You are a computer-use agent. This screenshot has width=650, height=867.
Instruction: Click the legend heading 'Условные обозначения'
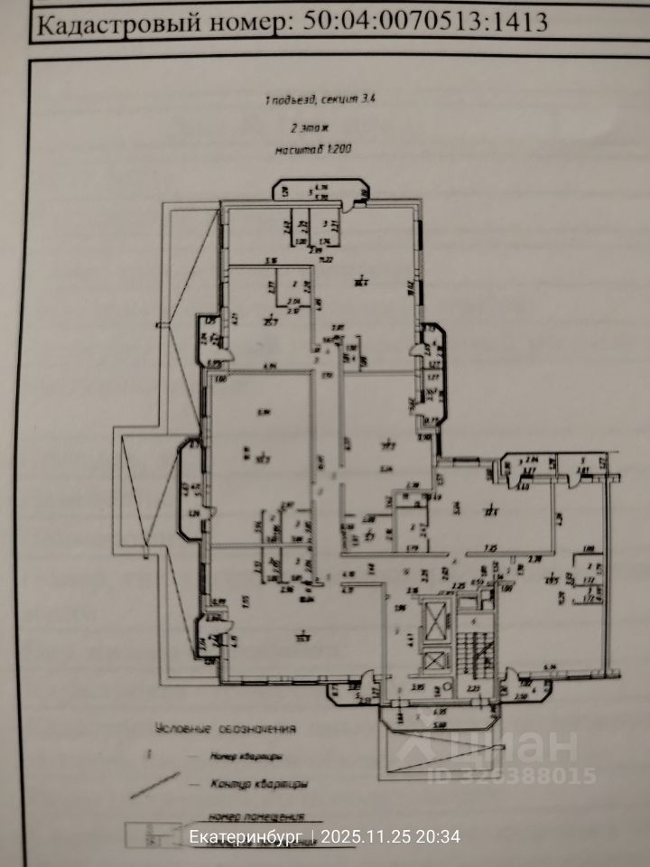(x=227, y=728)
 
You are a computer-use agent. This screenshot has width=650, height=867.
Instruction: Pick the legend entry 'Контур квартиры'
(x=250, y=784)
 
